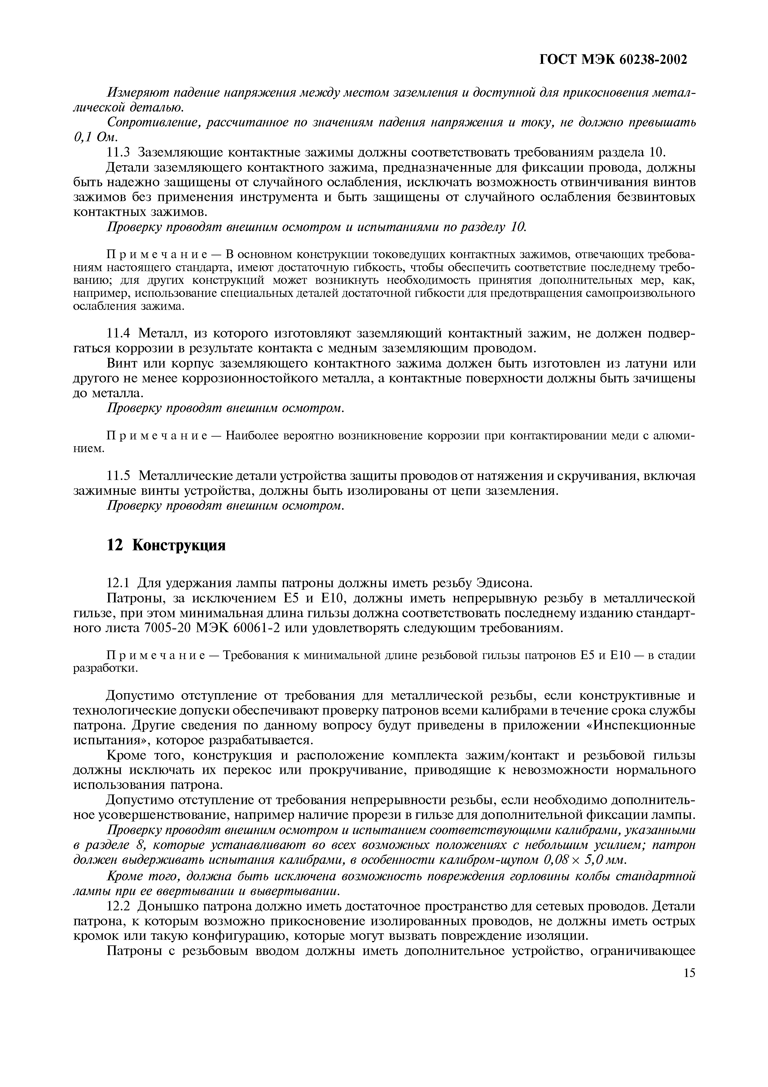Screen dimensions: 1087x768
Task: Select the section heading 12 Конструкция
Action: coord(166,545)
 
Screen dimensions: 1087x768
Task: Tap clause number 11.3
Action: coord(120,152)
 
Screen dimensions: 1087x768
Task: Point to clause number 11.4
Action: coord(120,334)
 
